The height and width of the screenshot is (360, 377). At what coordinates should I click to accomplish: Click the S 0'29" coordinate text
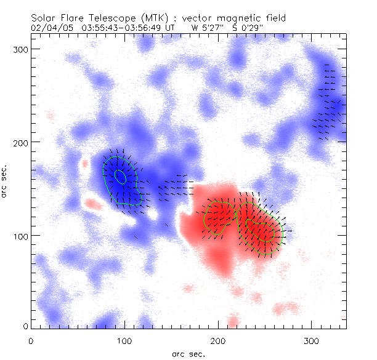pyautogui.click(x=246, y=28)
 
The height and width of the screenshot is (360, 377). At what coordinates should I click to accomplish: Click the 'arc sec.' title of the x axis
pyautogui.click(x=188, y=354)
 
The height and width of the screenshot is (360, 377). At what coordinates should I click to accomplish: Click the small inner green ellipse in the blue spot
pyautogui.click(x=121, y=177)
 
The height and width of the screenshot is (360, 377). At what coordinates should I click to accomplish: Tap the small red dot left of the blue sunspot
pyautogui.click(x=85, y=164)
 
